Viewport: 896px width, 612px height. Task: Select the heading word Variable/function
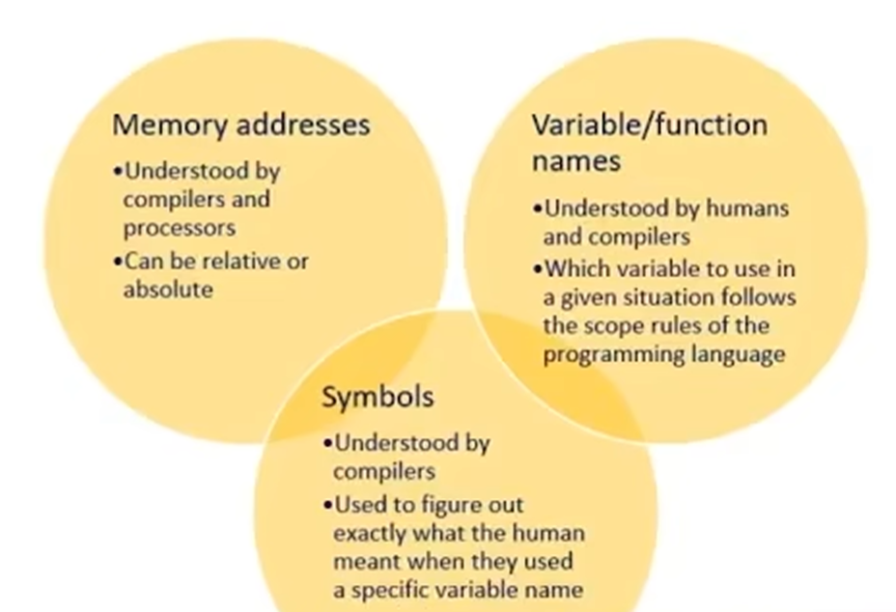pos(649,125)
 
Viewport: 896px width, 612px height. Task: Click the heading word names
pos(575,160)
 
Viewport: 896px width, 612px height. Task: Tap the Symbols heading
pos(378,398)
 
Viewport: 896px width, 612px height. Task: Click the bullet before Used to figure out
pos(327,504)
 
